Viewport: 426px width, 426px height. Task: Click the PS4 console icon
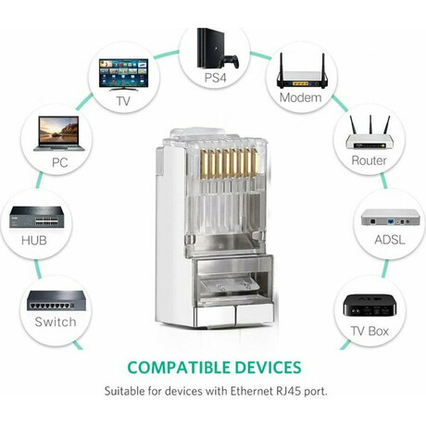(x=207, y=48)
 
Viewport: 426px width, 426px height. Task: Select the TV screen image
(x=123, y=74)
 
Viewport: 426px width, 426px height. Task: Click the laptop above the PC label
(x=59, y=133)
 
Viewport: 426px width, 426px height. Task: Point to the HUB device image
(x=37, y=218)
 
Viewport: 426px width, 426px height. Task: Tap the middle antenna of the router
(x=370, y=125)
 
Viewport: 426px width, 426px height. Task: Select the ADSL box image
(x=391, y=217)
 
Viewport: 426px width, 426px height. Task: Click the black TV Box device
(x=370, y=305)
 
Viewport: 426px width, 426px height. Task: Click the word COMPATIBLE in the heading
(x=179, y=368)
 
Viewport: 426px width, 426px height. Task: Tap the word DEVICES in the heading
(x=268, y=368)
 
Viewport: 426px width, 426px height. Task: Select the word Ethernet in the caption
(x=251, y=392)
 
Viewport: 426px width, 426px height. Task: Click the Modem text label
(x=300, y=98)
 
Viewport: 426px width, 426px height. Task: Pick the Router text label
(x=369, y=160)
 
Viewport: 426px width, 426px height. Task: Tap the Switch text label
(x=56, y=322)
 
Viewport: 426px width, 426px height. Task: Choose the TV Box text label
(x=370, y=332)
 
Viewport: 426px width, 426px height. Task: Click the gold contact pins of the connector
(x=230, y=164)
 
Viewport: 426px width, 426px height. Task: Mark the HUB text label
(x=34, y=241)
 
